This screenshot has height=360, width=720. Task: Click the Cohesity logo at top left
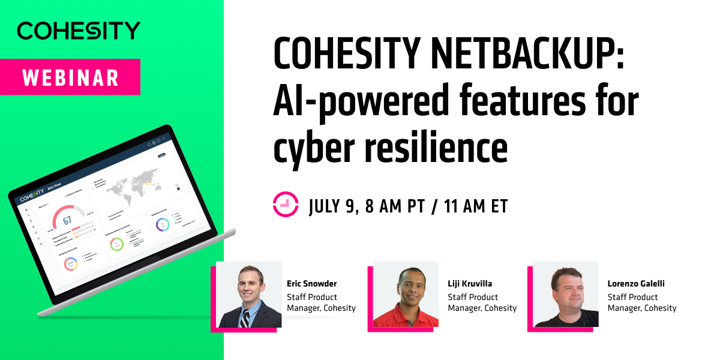point(79,31)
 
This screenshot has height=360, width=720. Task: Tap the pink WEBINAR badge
point(70,77)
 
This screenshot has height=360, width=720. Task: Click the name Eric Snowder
point(312,284)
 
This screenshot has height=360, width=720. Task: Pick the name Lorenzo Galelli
point(636,284)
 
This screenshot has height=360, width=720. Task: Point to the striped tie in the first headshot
point(245,319)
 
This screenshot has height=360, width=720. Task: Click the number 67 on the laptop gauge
point(67,220)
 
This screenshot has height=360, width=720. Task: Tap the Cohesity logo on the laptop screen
point(32,197)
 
